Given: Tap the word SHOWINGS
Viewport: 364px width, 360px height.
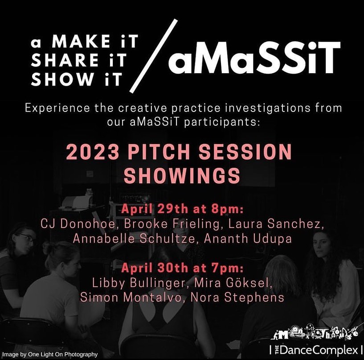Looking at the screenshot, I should (x=182, y=176).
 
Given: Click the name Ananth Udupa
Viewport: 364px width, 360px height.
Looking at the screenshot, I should (x=248, y=239).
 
